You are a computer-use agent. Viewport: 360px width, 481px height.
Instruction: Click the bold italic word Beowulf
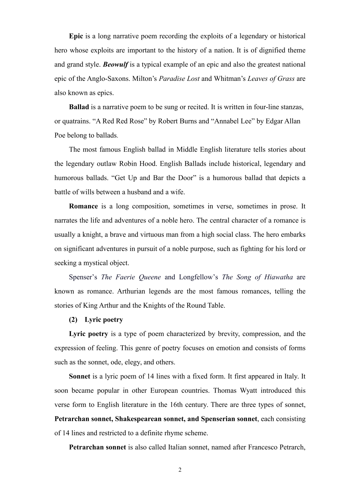116,64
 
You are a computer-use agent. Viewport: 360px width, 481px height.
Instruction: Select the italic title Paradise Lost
179,79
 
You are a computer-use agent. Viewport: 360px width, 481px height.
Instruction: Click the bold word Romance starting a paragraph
83,206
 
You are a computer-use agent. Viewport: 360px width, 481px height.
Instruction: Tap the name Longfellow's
198,277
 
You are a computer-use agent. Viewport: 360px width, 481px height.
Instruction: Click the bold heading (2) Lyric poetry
96,320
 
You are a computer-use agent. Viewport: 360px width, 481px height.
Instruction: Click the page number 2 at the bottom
180,470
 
